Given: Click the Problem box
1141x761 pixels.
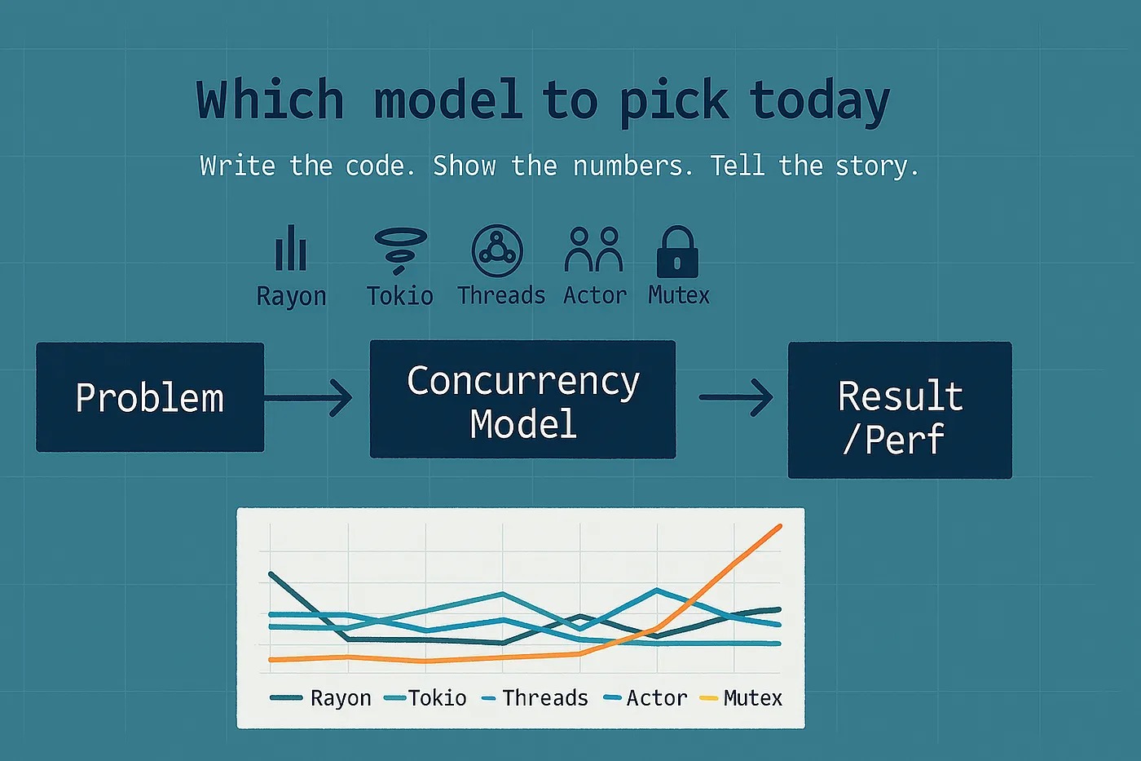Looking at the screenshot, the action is (x=150, y=397).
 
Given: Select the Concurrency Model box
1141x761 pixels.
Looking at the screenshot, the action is (x=522, y=399).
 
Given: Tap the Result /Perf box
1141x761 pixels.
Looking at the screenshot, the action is (x=900, y=409).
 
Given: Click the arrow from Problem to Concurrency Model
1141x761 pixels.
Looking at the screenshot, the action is (x=308, y=397).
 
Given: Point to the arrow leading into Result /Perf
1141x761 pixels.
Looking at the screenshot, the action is (x=736, y=397).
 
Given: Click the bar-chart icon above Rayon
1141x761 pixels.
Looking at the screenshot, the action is (x=291, y=248).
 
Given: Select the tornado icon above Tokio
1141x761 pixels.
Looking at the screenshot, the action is (x=400, y=250).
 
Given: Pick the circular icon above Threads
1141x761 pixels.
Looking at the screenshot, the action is (x=497, y=250).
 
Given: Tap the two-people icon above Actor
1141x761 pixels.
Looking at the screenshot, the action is (x=593, y=250).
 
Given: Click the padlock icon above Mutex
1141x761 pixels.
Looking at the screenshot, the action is (x=677, y=252).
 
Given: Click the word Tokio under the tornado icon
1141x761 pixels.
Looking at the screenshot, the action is (x=400, y=296).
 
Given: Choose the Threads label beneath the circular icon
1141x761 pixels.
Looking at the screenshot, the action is (x=501, y=295).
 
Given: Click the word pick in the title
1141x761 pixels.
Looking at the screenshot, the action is (x=674, y=101).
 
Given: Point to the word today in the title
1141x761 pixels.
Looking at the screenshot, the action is (x=820, y=101).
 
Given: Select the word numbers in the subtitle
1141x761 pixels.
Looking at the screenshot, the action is (x=633, y=166).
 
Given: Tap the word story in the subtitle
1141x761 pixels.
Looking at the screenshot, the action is (x=877, y=166).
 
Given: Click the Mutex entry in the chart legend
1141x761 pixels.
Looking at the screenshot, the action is (x=741, y=698).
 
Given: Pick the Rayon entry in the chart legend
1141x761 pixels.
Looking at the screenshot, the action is (x=320, y=698).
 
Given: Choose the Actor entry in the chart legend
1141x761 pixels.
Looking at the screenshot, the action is (x=645, y=698).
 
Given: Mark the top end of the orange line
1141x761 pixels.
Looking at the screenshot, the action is (x=780, y=525).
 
